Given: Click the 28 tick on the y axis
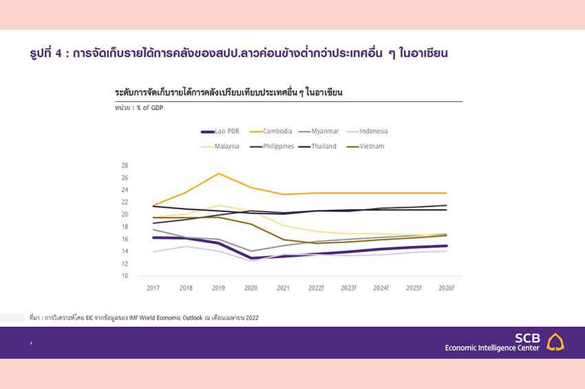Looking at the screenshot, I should (125, 165).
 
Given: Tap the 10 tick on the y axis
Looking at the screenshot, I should (125, 276).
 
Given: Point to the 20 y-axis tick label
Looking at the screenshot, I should (125, 214).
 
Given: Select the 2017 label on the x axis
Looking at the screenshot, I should (153, 287).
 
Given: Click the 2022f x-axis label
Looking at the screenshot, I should (316, 287).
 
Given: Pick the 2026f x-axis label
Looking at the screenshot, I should (446, 287).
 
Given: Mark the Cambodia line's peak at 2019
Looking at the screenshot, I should (218, 173).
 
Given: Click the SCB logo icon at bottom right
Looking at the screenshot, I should (555, 341).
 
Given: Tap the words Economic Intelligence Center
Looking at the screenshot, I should (493, 348).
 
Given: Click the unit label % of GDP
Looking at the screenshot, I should (149, 108).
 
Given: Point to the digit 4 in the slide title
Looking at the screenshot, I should (57, 53).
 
